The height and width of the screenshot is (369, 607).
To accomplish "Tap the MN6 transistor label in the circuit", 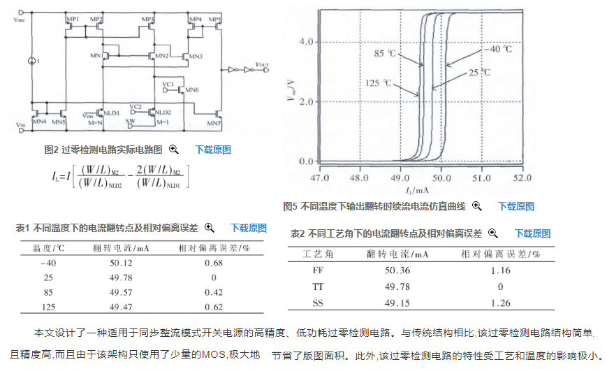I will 193,90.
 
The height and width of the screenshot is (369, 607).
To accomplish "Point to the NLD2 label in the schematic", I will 163,112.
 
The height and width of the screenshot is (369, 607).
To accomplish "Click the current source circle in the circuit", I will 31,61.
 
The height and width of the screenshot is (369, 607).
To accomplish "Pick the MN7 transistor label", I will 214,124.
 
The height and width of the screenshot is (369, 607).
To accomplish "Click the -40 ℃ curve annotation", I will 498,50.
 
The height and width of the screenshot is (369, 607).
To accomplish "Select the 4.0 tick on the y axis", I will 307,42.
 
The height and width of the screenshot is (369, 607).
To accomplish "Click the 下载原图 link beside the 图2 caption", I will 212,150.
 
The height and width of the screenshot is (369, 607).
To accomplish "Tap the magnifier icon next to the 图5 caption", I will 477,206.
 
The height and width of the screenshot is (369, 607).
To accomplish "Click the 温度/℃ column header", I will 49,248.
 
